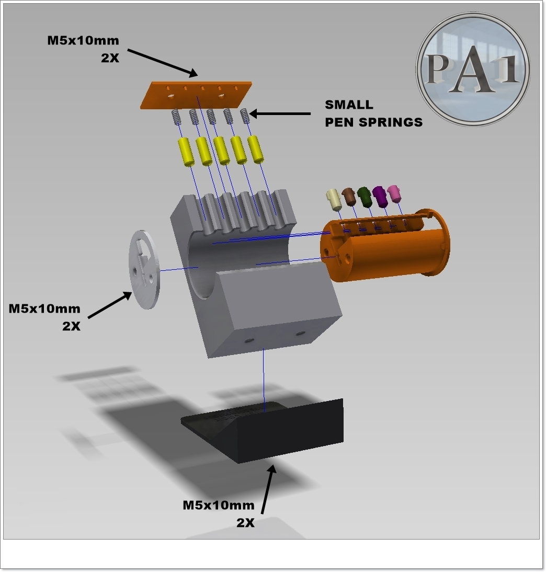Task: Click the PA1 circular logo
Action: pyautogui.click(x=473, y=70)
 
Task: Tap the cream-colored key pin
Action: pyautogui.click(x=334, y=200)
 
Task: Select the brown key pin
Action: pyautogui.click(x=349, y=197)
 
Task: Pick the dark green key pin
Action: pyautogui.click(x=365, y=196)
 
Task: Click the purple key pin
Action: pyautogui.click(x=380, y=197)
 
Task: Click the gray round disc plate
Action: pyautogui.click(x=144, y=270)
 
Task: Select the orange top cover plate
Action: pyautogui.click(x=196, y=95)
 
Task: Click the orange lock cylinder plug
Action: pyautogui.click(x=385, y=245)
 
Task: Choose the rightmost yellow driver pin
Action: pyautogui.click(x=256, y=149)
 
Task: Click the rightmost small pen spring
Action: pyautogui.click(x=245, y=116)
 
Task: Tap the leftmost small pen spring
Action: pyautogui.click(x=176, y=118)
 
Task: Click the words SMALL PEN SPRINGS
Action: pyautogui.click(x=374, y=113)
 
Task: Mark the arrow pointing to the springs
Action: pyautogui.click(x=280, y=114)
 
